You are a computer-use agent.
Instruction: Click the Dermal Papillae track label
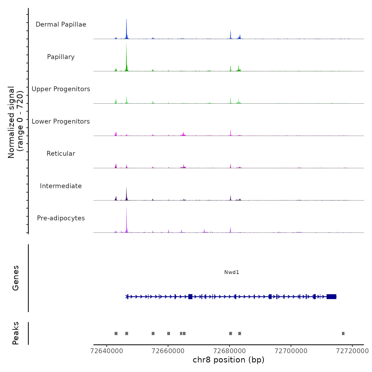tap(61, 24)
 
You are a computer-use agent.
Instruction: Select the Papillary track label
tap(61, 57)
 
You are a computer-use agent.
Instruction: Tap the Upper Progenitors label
tap(61, 89)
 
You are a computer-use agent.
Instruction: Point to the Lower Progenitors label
tap(61, 121)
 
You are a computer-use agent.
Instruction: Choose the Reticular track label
tap(61, 154)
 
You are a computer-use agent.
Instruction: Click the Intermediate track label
tap(61, 186)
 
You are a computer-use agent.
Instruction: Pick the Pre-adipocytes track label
tap(61, 218)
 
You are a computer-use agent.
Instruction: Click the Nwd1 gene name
tap(231, 272)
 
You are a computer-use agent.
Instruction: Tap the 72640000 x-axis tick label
tap(107, 351)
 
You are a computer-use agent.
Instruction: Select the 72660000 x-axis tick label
tap(168, 351)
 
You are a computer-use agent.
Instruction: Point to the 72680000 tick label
tap(230, 351)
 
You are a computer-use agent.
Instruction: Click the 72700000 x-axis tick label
tap(291, 351)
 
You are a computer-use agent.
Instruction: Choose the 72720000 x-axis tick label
tap(352, 351)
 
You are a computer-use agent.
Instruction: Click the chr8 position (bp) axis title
tap(229, 360)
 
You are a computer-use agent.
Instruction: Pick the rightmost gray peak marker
tap(343, 333)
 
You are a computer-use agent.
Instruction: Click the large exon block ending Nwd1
tap(331, 297)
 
